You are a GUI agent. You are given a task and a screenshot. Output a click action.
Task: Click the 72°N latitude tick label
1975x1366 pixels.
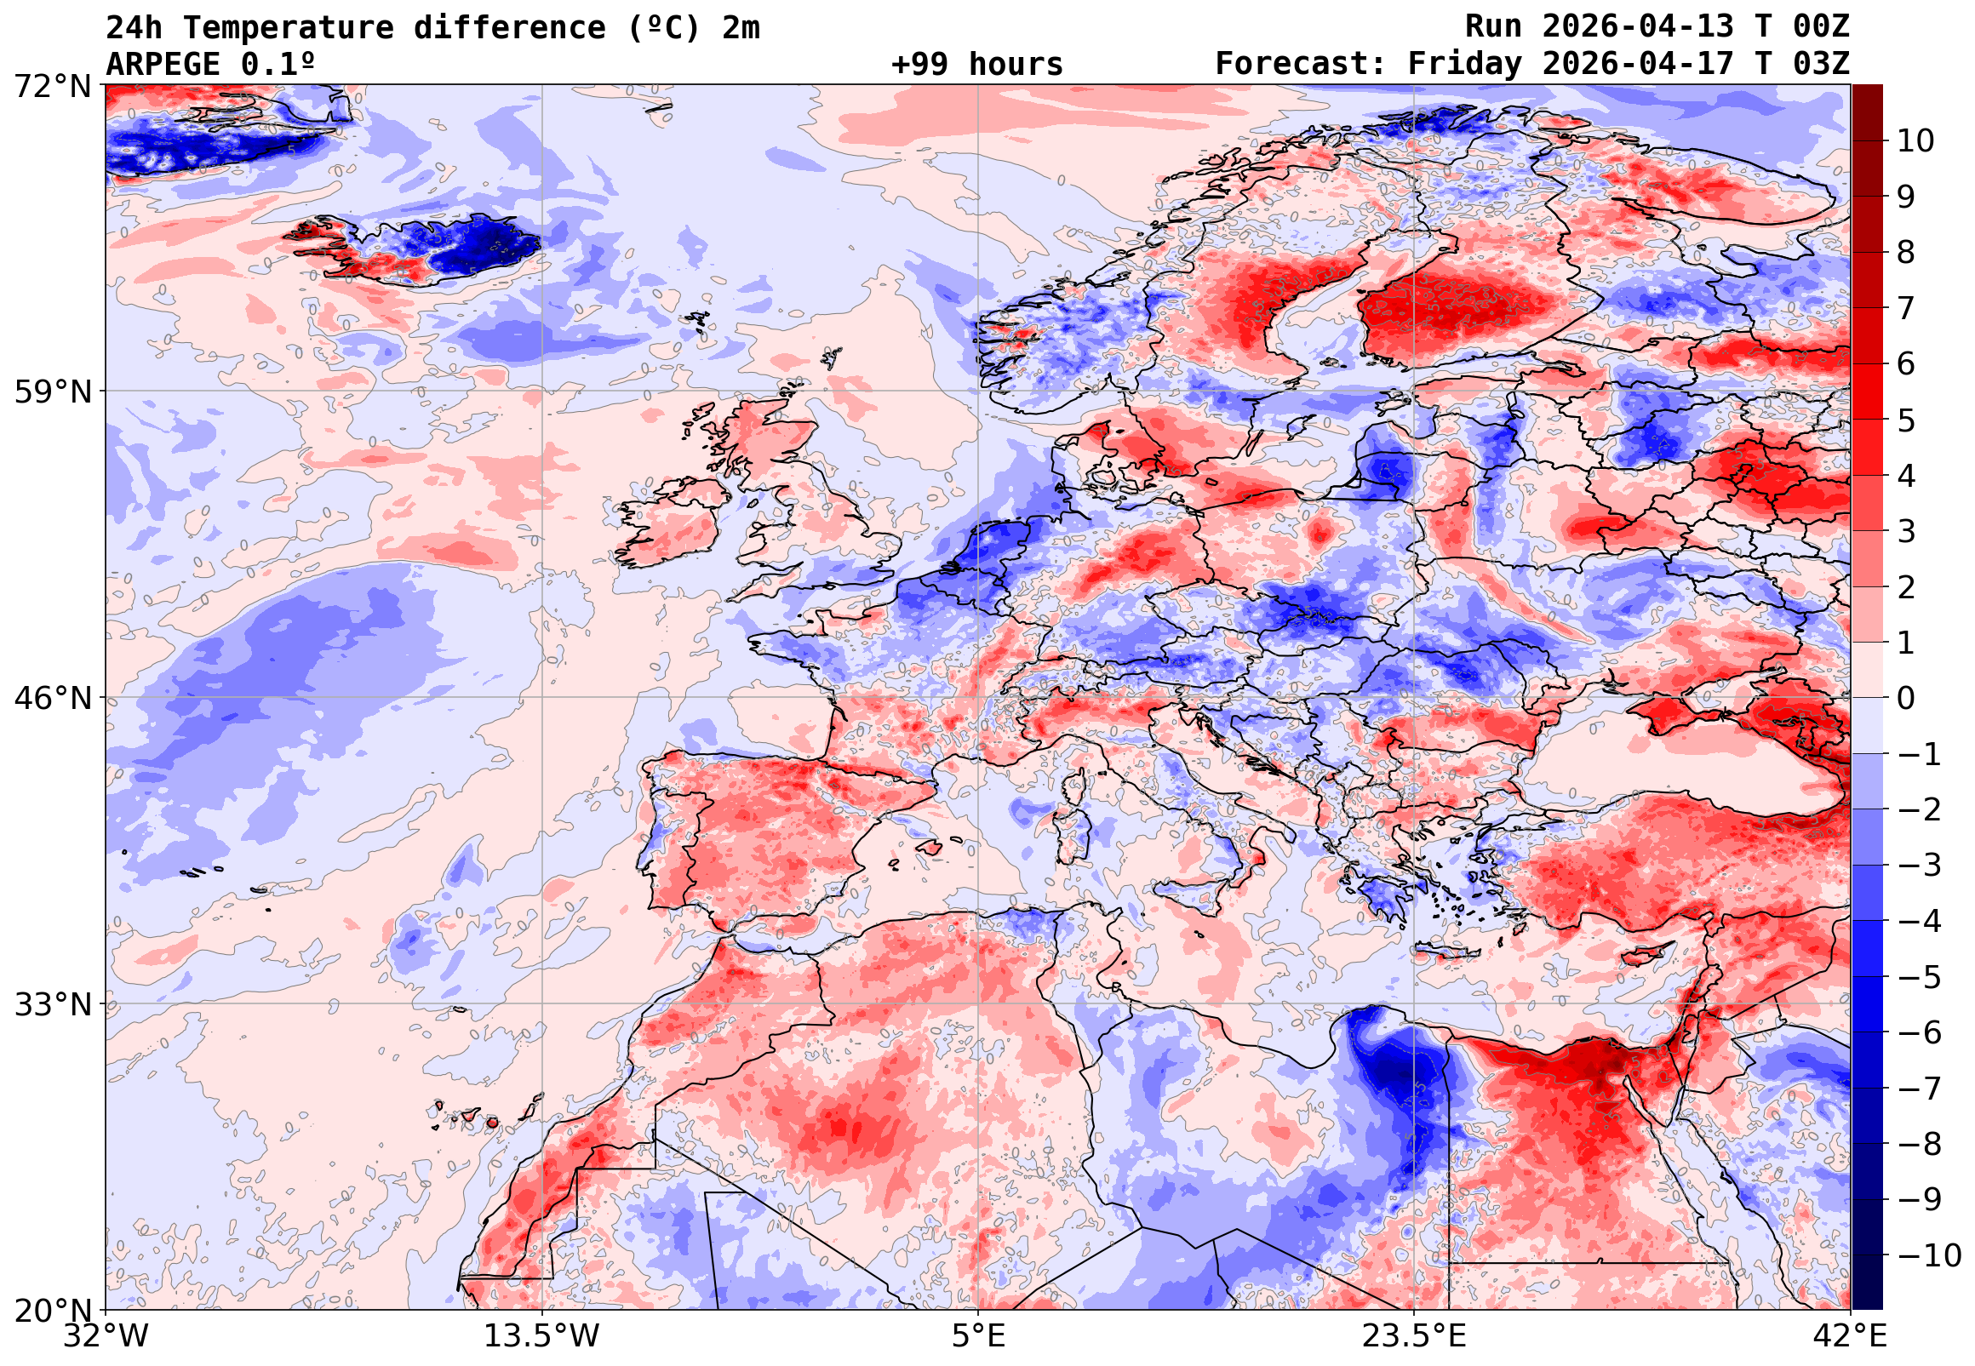click(x=52, y=87)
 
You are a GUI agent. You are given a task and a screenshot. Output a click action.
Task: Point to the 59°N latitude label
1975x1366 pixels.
click(x=52, y=392)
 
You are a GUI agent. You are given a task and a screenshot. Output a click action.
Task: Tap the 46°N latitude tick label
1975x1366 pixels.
click(x=52, y=699)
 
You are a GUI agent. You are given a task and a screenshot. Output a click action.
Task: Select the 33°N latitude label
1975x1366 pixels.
click(x=52, y=1004)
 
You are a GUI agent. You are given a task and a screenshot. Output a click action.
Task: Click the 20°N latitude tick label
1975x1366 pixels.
click(x=52, y=1311)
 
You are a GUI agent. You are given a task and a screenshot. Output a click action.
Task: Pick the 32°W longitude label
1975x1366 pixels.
click(x=106, y=1335)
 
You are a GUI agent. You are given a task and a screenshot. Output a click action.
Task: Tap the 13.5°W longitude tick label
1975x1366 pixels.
click(x=542, y=1335)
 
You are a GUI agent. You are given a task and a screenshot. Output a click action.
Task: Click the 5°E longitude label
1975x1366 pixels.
click(x=978, y=1335)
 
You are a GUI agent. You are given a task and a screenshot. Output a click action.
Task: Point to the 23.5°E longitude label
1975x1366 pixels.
click(x=1414, y=1335)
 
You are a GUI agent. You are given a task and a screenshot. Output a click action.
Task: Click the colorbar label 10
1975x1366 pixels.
click(x=1915, y=141)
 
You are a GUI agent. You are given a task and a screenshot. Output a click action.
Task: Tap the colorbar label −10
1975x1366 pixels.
click(x=1929, y=1255)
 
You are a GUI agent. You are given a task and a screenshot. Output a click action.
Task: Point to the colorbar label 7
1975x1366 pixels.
click(x=1906, y=308)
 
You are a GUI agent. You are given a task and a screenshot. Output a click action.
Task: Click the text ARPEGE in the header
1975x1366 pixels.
click(x=163, y=64)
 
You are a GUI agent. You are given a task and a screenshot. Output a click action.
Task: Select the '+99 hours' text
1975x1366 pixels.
click(x=976, y=64)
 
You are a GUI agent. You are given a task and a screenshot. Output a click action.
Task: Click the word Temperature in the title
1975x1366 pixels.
click(x=289, y=28)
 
